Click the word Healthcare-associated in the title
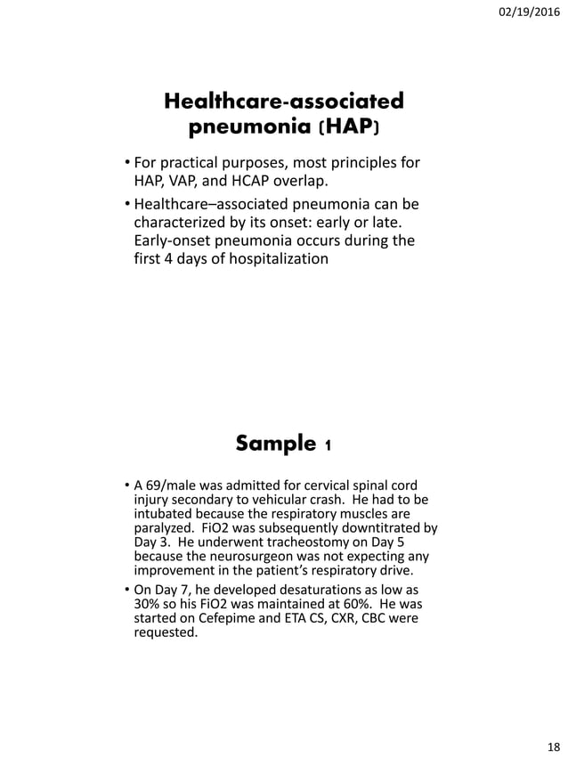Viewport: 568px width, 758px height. (x=284, y=101)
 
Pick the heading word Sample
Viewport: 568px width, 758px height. (x=276, y=443)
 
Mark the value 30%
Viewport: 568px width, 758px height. (x=148, y=605)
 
